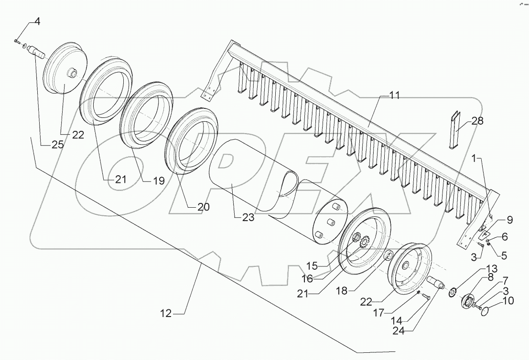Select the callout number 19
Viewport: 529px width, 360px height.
click(159, 181)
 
